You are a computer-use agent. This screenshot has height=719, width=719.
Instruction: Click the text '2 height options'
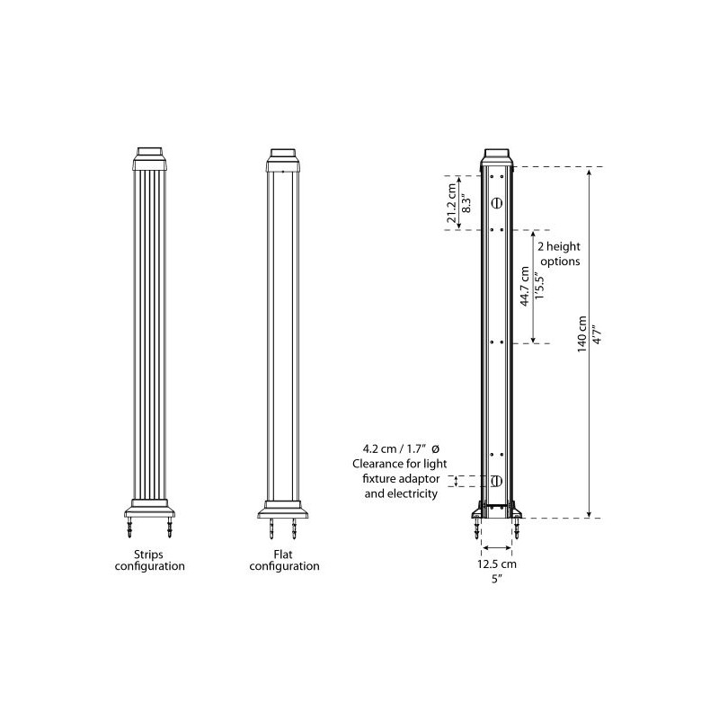pyautogui.click(x=557, y=253)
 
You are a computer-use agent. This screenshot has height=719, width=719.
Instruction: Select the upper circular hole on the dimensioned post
pyautogui.click(x=497, y=204)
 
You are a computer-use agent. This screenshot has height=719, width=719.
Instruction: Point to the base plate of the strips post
pyautogui.click(x=151, y=508)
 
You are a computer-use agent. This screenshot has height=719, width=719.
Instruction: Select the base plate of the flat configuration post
pyautogui.click(x=283, y=508)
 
